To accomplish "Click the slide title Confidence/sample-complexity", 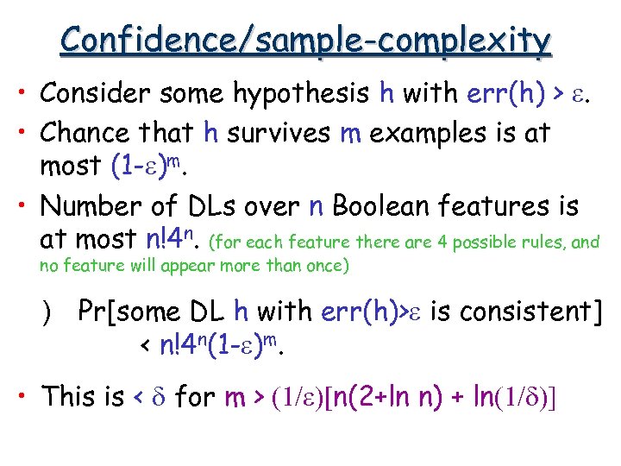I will [x=307, y=40].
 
